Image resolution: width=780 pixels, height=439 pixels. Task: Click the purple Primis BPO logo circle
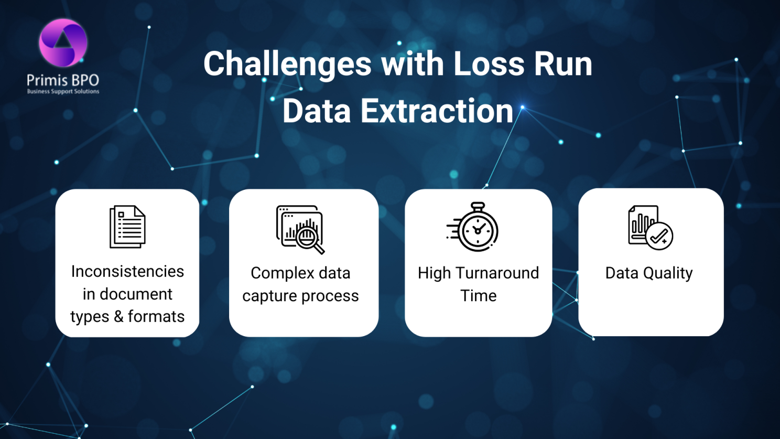63,42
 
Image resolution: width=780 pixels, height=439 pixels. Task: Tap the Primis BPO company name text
63,80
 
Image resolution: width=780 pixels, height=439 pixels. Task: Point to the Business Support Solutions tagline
63,92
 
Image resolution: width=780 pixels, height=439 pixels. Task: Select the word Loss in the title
489,64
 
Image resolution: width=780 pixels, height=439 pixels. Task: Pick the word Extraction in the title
437,111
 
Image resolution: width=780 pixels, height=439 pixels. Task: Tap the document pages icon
127,227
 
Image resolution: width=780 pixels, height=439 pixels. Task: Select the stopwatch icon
473,227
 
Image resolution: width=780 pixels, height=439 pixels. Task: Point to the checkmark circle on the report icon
659,236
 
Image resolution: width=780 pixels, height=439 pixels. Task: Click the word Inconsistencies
127,271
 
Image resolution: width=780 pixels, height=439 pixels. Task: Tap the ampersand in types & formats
119,316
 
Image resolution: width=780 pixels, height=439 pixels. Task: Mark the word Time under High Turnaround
479,296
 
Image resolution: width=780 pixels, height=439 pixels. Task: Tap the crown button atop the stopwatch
478,206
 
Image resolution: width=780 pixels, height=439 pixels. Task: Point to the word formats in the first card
156,316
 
